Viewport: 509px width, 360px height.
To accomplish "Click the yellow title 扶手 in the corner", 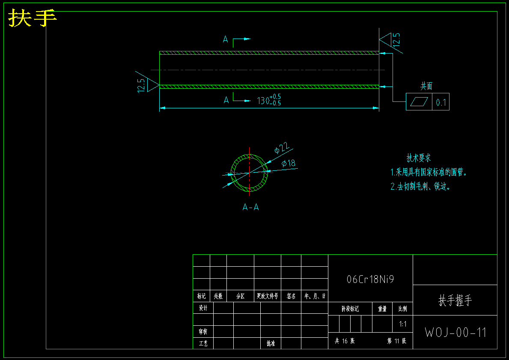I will [x=33, y=18].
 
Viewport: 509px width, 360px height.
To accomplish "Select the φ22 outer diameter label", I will [x=281, y=148].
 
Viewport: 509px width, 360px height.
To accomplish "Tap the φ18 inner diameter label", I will [x=289, y=163].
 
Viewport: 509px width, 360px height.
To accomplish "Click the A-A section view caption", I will [x=250, y=208].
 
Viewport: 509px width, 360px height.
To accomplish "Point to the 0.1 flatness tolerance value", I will [x=441, y=102].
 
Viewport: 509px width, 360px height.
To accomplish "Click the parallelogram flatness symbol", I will [x=419, y=102].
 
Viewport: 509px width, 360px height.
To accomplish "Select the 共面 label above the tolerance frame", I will [x=426, y=86].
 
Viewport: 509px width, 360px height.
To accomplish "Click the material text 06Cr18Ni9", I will [x=370, y=280].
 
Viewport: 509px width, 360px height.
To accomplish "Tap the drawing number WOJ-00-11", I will [x=455, y=333].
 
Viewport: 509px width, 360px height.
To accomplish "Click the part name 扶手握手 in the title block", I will [x=455, y=300].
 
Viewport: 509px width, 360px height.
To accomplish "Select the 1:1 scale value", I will [x=403, y=324].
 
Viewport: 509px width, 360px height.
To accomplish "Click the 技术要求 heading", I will [x=418, y=158].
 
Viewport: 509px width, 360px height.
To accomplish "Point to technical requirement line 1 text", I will [x=428, y=173].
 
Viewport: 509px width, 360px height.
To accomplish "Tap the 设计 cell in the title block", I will [x=203, y=308].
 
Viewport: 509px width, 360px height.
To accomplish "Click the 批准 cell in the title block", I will [x=271, y=343].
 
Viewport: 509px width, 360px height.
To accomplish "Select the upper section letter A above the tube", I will [x=225, y=40].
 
